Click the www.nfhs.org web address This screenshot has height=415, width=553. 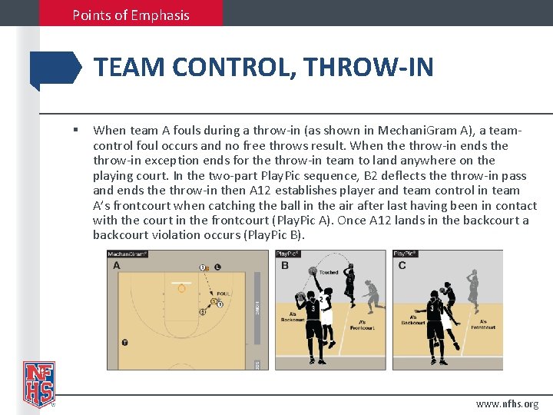[507, 403]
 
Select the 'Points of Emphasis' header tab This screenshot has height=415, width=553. [131, 15]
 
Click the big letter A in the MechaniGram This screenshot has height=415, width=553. [117, 266]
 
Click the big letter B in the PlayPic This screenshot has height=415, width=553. [285, 266]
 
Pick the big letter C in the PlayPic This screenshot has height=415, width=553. [402, 266]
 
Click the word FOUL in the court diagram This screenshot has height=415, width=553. [224, 293]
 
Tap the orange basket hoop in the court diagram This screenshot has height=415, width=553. [181, 289]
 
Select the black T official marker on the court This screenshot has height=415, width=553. [124, 344]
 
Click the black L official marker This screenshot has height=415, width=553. [218, 267]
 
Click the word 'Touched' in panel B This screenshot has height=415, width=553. [329, 272]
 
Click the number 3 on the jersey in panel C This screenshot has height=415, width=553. [432, 307]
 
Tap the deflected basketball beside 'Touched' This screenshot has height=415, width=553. [313, 271]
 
